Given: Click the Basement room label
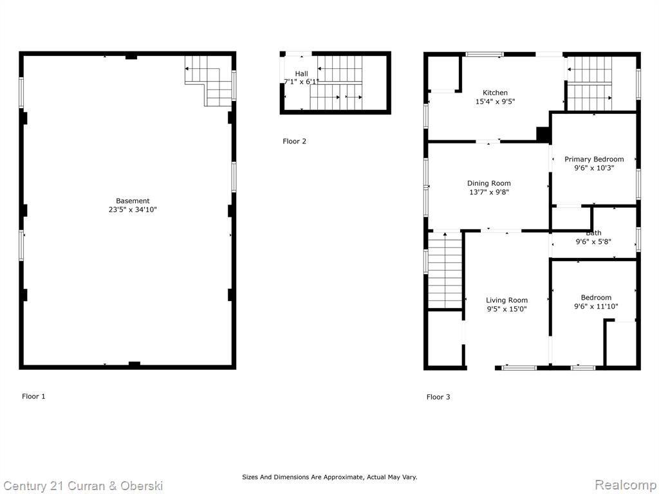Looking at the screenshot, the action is click(133, 201).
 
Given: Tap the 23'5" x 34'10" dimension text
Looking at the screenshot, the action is click(133, 210).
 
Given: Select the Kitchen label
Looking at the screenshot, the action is click(495, 93).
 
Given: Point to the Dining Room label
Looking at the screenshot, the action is click(489, 183).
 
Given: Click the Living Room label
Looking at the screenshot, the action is click(507, 300).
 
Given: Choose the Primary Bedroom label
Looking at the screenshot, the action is click(594, 160).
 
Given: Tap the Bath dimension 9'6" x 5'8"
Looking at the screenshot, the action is click(593, 242).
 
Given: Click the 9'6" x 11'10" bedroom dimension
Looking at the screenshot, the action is click(597, 307).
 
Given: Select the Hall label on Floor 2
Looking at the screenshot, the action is click(301, 73).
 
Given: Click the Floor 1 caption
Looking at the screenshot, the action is click(33, 396).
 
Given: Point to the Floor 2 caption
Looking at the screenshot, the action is click(295, 141).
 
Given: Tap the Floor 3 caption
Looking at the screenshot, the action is click(438, 397).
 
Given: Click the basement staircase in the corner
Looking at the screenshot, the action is click(209, 80).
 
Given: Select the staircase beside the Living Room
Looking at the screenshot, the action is click(445, 271).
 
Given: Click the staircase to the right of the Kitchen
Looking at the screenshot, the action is click(589, 83).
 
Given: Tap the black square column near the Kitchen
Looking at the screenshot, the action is click(543, 134).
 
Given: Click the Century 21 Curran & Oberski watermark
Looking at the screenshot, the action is click(83, 486).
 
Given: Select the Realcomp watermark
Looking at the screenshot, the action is click(626, 484).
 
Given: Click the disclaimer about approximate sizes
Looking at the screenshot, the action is click(329, 477).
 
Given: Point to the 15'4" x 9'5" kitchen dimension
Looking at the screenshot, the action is click(495, 102).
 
